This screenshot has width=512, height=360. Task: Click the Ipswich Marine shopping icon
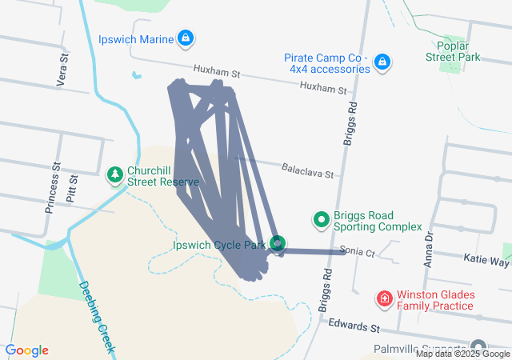[186, 38]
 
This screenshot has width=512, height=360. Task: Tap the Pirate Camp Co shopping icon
[382, 61]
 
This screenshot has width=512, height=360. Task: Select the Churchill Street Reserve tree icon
[115, 173]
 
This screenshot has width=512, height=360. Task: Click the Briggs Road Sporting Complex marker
[322, 218]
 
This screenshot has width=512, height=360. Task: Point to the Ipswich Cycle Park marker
[278, 242]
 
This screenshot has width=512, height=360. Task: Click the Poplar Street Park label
[454, 51]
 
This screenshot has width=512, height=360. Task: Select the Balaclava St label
[306, 170]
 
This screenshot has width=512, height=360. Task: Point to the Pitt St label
[72, 189]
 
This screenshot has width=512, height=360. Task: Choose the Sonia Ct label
[357, 251]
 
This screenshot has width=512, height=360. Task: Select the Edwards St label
[353, 327]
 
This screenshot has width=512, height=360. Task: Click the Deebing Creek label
[98, 318]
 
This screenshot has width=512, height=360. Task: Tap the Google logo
[26, 350]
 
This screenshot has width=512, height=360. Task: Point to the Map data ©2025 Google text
[462, 354]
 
